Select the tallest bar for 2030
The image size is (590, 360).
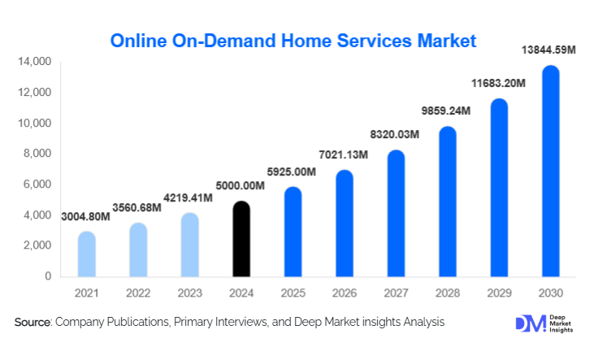point(551,172)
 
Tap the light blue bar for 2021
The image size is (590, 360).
point(86,255)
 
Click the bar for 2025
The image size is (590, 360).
point(293,232)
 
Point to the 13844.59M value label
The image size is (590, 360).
point(548,50)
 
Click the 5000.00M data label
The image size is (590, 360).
point(239,186)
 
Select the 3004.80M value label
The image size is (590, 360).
point(88,216)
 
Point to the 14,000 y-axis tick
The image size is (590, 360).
point(34,62)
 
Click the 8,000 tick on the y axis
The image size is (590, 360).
point(37,154)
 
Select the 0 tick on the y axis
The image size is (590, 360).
point(47,276)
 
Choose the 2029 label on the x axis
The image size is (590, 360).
point(499,293)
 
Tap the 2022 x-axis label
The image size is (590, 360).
point(138,293)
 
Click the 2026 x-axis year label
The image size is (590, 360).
point(344,293)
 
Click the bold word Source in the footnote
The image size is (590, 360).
point(33,323)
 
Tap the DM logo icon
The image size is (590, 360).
point(528,323)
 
